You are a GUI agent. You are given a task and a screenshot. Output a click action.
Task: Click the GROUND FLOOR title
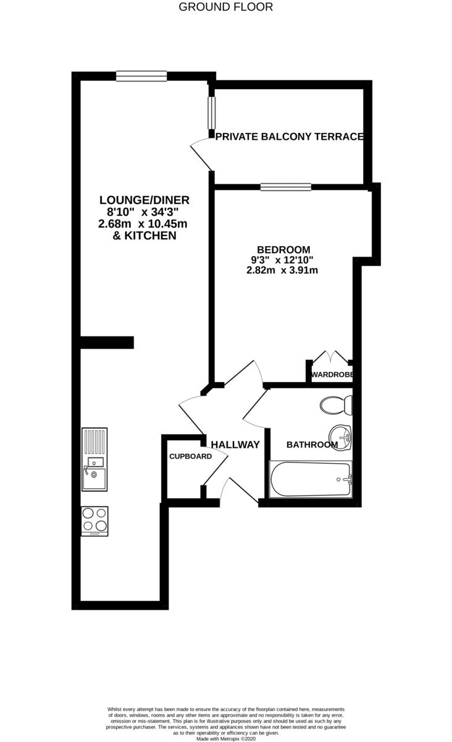click(x=225, y=7)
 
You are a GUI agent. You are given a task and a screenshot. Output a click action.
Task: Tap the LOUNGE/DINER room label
click(x=144, y=200)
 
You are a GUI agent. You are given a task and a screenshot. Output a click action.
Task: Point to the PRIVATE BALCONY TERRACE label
click(x=289, y=137)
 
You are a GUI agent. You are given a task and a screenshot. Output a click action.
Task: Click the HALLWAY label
click(x=235, y=445)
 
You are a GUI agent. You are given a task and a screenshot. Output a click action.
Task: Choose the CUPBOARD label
click(x=191, y=456)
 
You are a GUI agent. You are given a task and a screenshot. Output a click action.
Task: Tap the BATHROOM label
click(x=312, y=445)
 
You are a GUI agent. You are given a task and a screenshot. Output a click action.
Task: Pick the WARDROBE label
click(x=332, y=375)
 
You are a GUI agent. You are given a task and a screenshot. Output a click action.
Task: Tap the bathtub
click(x=311, y=479)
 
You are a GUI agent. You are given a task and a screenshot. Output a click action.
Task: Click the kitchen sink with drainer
click(x=94, y=459)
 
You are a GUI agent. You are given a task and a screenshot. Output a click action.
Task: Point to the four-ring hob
click(x=94, y=521)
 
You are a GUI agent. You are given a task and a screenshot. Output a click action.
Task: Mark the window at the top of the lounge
click(x=141, y=76)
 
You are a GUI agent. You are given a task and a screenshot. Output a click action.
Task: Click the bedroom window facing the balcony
click(x=285, y=187)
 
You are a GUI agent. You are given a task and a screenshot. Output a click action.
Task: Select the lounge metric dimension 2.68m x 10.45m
click(x=143, y=223)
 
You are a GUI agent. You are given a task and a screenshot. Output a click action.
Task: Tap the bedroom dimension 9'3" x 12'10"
click(x=282, y=260)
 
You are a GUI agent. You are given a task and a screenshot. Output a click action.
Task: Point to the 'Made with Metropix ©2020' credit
click(x=225, y=738)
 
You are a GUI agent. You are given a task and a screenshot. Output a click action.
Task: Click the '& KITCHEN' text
click(x=144, y=236)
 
